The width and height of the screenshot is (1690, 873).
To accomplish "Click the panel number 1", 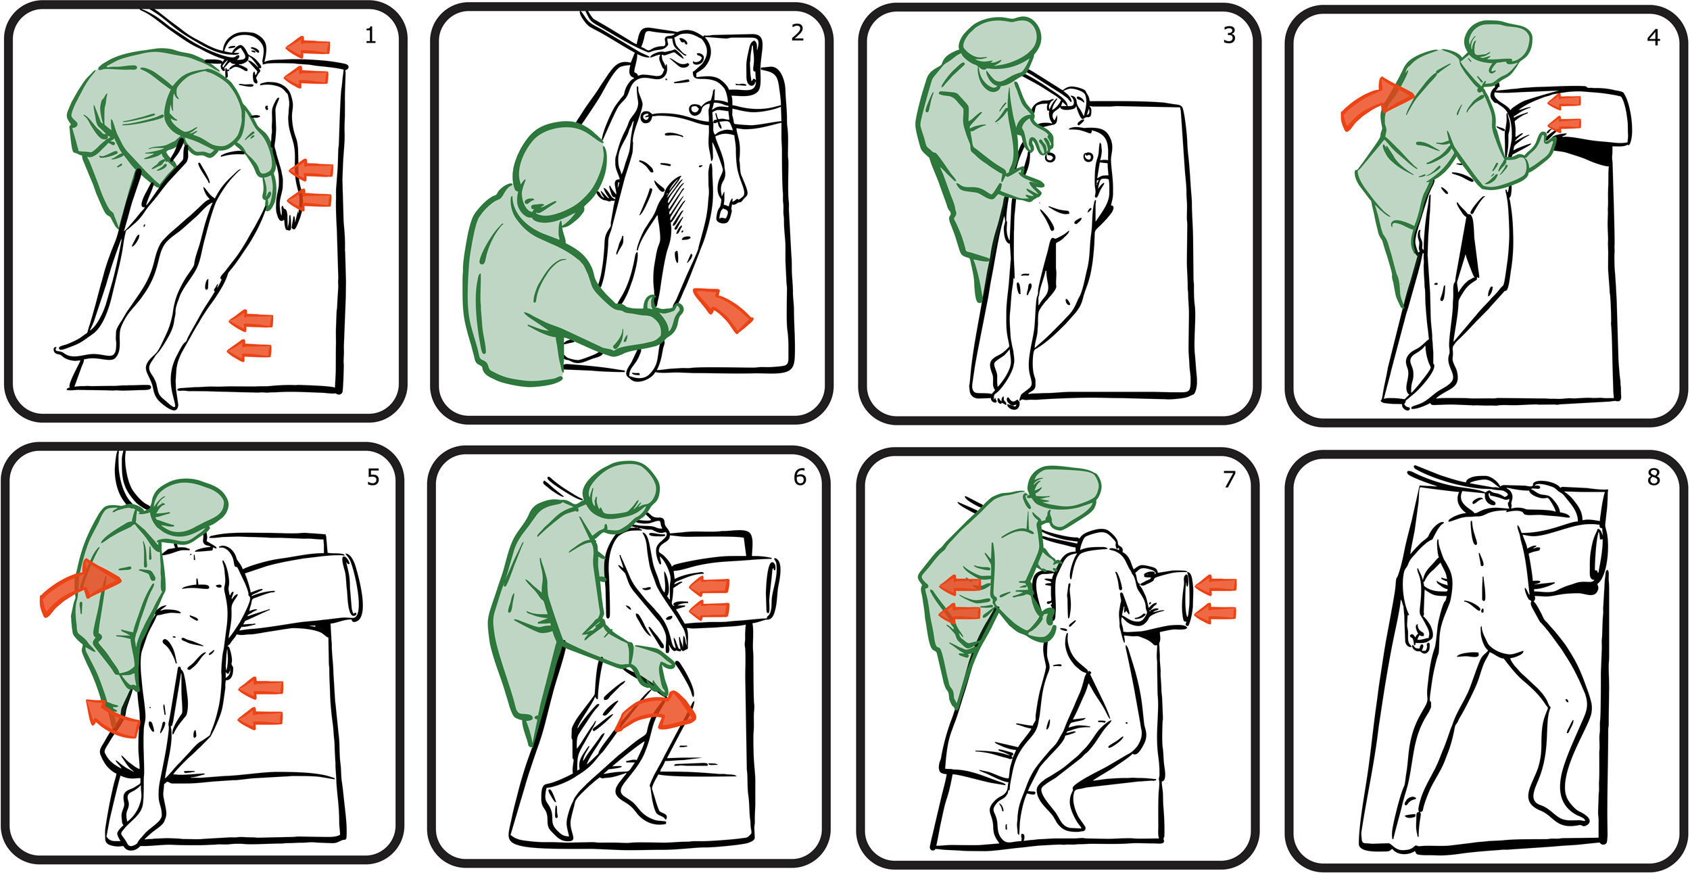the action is (x=370, y=35).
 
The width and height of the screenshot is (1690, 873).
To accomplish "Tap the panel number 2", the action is (x=798, y=32).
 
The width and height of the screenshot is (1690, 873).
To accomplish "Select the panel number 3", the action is (x=1229, y=35).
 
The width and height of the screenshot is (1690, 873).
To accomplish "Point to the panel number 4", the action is (x=1653, y=37).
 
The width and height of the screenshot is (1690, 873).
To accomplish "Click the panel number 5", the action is (x=373, y=477).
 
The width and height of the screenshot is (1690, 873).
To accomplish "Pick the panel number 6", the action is (x=800, y=477).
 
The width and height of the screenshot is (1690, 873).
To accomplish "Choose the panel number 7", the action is (x=1229, y=479).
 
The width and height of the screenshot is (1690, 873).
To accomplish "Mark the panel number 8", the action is (x=1653, y=477).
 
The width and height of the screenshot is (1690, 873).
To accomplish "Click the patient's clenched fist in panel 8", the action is (x=1418, y=634).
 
